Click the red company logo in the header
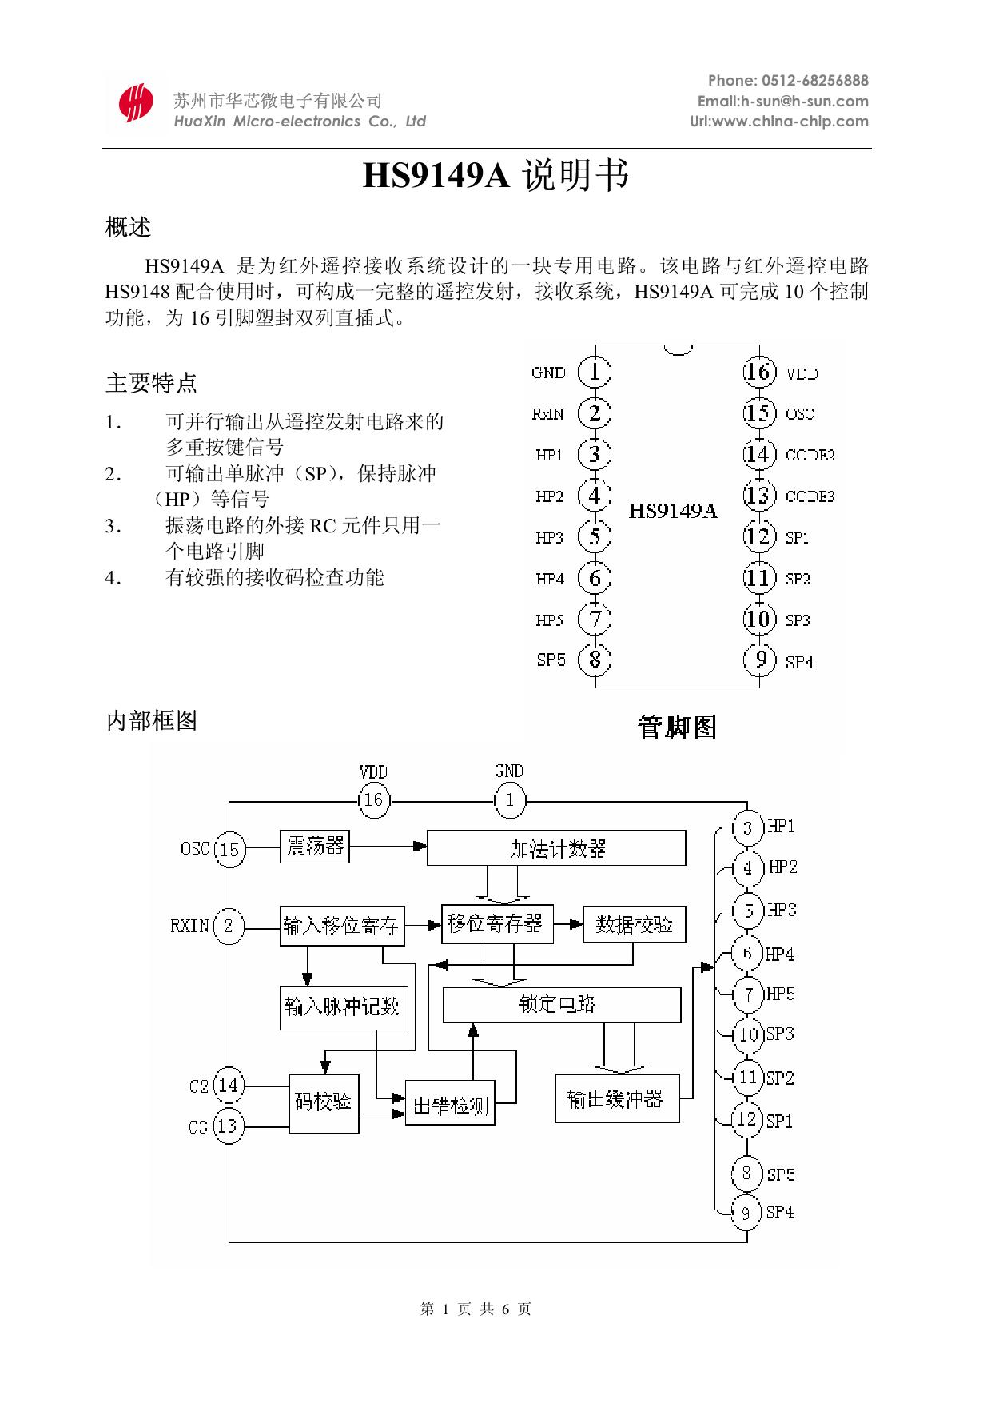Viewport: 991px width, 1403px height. (x=135, y=102)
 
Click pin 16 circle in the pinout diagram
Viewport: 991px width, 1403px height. (x=758, y=372)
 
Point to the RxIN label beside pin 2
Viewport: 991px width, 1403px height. (x=547, y=414)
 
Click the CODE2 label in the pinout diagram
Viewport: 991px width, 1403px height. (x=810, y=455)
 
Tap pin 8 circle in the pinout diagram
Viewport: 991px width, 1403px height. (x=595, y=660)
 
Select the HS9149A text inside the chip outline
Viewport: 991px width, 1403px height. (x=673, y=511)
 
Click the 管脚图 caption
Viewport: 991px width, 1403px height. (x=678, y=727)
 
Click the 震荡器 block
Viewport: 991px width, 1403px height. (x=316, y=846)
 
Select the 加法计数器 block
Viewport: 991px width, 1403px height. (x=556, y=848)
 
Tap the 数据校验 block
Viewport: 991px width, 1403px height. (x=635, y=925)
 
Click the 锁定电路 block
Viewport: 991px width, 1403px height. (x=561, y=1004)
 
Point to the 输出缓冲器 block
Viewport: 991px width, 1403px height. (x=617, y=1099)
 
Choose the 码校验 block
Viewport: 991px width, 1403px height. (x=324, y=1102)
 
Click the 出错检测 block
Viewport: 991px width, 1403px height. (x=450, y=1107)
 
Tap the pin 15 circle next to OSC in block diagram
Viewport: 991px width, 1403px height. (x=229, y=849)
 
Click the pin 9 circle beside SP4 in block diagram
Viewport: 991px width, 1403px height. (x=746, y=1213)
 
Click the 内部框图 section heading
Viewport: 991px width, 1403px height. (x=152, y=721)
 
